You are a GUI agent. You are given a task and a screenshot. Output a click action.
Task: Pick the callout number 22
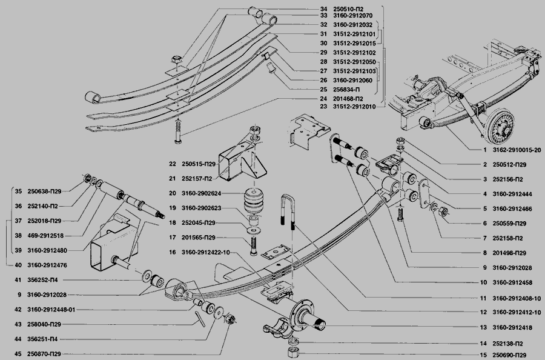(172, 164)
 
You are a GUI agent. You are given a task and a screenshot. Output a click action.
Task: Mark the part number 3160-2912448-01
(51, 309)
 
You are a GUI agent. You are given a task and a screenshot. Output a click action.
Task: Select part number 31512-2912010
(354, 107)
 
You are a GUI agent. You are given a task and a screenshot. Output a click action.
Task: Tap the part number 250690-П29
(513, 355)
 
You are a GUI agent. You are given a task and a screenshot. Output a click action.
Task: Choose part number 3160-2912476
(48, 264)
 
